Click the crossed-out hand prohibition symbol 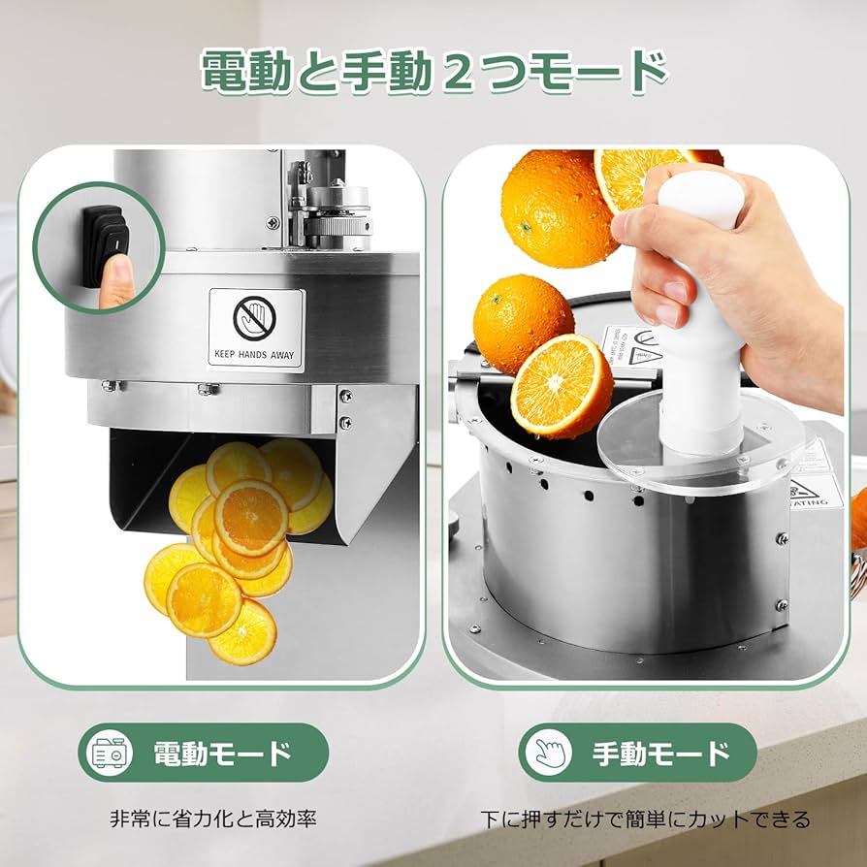tap(255, 317)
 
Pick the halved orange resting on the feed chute tap(562, 385)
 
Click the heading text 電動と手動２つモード tap(433, 73)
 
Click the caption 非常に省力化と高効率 tap(212, 819)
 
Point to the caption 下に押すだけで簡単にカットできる tap(645, 819)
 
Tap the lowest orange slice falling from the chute tap(241, 633)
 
